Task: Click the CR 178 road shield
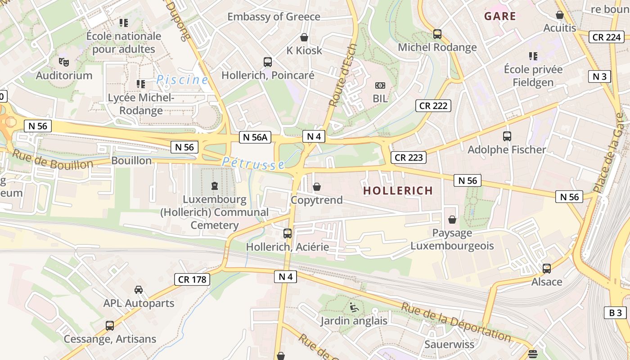(x=192, y=279)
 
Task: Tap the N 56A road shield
(x=255, y=137)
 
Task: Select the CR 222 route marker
(x=433, y=106)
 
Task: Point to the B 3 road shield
(x=615, y=313)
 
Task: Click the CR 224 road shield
(x=607, y=37)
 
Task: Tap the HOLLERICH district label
(x=398, y=191)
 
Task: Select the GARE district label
(x=500, y=17)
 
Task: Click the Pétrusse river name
(x=253, y=163)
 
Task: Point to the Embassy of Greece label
(x=274, y=17)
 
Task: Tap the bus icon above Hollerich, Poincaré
(x=268, y=62)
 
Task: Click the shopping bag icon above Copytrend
(x=317, y=187)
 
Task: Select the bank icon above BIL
(x=380, y=85)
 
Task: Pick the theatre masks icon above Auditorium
(x=63, y=62)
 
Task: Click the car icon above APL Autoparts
(x=139, y=290)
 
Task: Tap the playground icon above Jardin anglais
(x=354, y=308)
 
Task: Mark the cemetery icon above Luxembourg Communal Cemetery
(x=214, y=185)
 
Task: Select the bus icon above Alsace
(x=547, y=269)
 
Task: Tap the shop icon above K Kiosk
(x=304, y=37)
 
